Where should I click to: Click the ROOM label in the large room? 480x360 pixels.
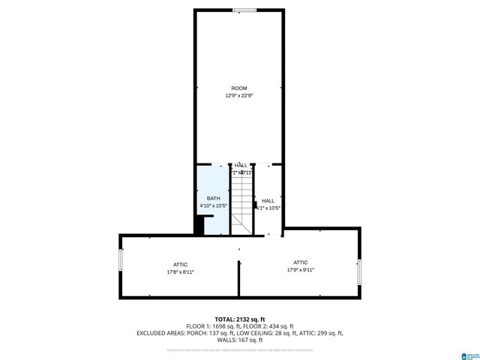(238, 88)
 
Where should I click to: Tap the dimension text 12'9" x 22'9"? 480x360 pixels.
(238, 96)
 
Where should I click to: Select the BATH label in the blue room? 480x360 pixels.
(214, 198)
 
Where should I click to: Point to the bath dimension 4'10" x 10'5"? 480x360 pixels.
(213, 205)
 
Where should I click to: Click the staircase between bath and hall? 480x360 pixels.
(241, 201)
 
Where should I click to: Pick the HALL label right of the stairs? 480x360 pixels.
(268, 200)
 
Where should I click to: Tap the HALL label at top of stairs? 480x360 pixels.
(241, 165)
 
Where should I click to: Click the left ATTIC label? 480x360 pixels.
(180, 264)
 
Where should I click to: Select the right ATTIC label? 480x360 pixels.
(300, 262)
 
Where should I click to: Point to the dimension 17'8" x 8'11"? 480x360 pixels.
(180, 271)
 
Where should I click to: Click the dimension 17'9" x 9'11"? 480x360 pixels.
(300, 269)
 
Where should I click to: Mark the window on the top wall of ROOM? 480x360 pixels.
(243, 10)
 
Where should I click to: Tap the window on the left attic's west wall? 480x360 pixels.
(120, 265)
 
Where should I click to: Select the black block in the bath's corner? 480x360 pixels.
(199, 225)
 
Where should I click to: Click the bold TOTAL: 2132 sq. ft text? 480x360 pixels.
(240, 319)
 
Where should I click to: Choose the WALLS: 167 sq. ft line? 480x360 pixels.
(240, 340)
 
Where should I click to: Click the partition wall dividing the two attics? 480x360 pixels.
(239, 277)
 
